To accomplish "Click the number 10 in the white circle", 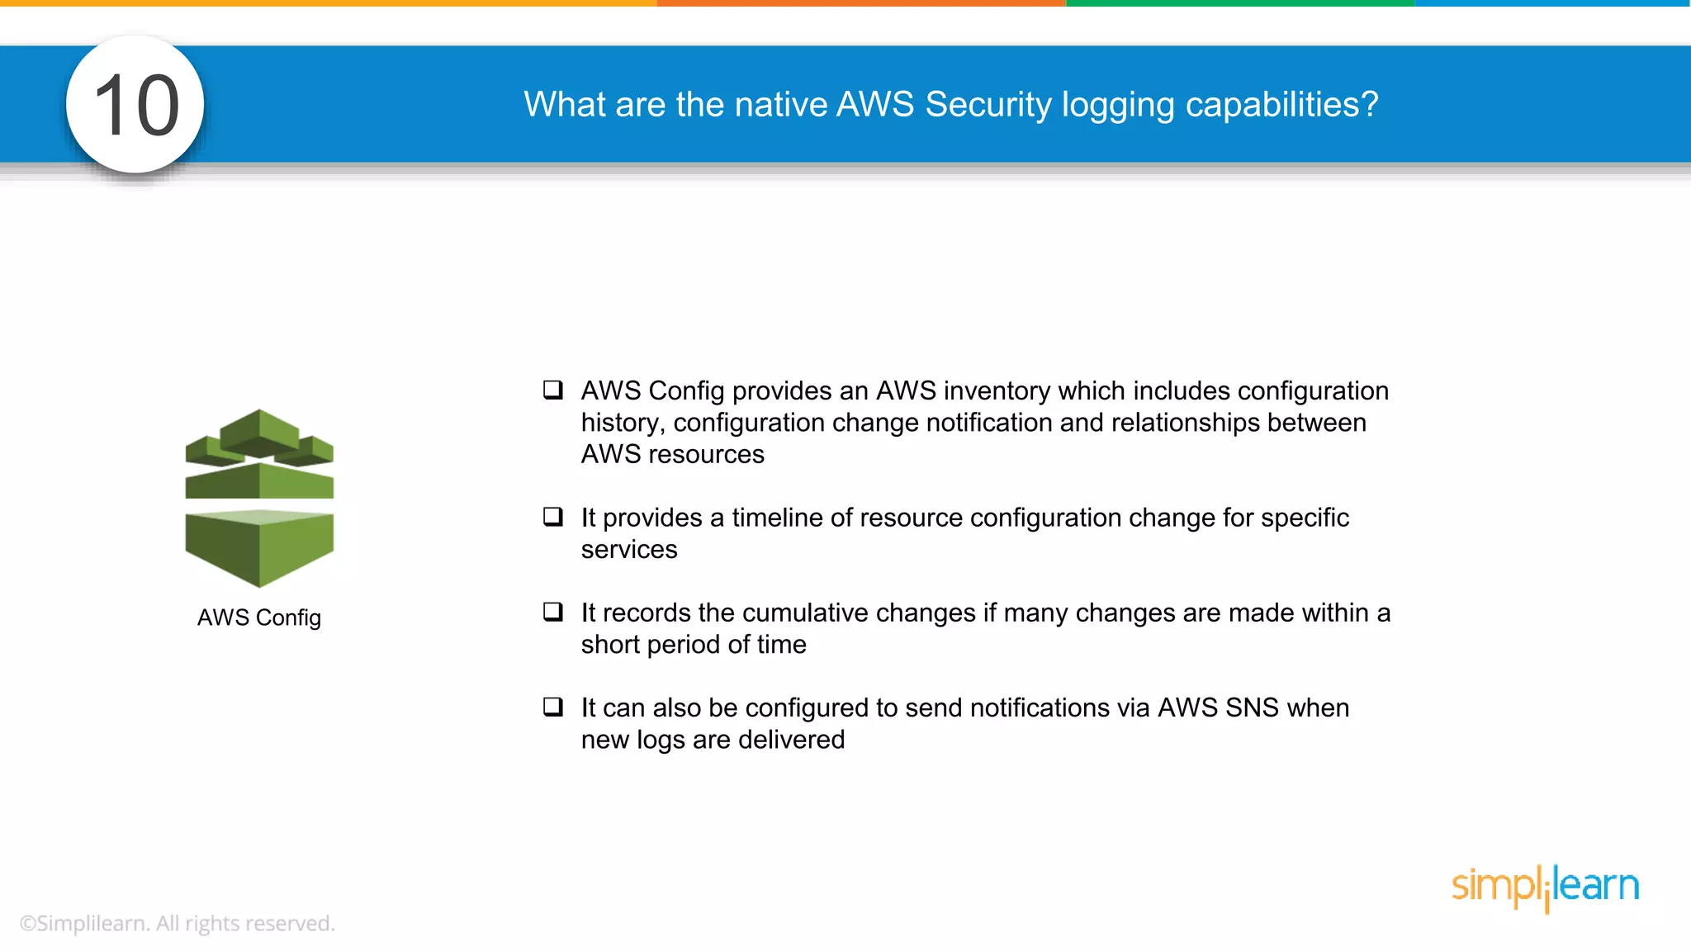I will pos(136,106).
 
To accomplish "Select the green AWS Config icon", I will pos(259,498).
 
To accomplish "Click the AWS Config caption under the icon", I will pos(259,617).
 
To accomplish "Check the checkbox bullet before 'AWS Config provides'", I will pos(552,390).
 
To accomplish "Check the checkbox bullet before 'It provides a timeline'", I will pos(552,517).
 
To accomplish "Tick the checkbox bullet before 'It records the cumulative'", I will pos(552,612).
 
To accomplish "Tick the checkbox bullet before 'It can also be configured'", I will pos(552,707).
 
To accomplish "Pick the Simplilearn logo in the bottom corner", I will pos(1545,887).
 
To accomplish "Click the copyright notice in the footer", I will pos(177,923).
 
